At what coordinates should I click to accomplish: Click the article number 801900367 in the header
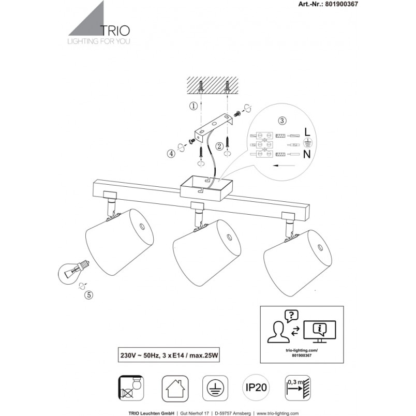341,4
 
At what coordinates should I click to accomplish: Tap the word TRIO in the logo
115,31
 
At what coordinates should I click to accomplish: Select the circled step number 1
194,106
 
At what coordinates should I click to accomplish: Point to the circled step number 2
219,146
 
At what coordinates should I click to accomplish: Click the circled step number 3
282,121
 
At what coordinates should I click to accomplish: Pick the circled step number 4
171,154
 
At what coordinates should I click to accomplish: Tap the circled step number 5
88,295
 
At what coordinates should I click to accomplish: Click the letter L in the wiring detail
307,132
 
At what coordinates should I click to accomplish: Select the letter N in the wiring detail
307,154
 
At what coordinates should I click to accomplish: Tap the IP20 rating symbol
256,388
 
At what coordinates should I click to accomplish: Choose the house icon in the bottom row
175,389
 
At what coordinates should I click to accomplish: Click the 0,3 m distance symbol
298,388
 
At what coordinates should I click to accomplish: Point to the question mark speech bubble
291,316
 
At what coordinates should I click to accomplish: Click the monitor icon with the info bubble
320,332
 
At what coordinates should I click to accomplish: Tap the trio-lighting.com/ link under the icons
302,350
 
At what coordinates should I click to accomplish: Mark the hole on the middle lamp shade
229,236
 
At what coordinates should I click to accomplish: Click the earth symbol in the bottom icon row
215,388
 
